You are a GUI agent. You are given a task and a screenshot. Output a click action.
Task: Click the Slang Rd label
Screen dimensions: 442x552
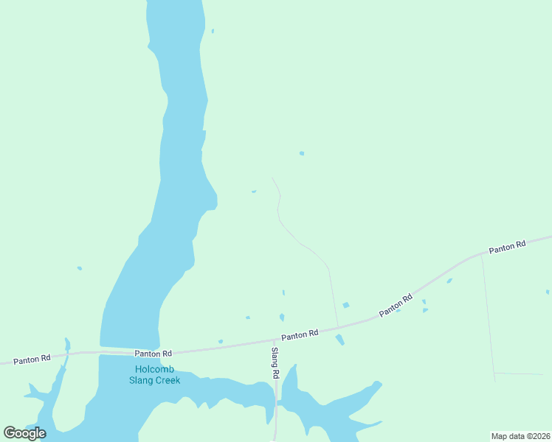click(275, 363)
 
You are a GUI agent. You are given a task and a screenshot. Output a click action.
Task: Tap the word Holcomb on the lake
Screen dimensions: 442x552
click(153, 369)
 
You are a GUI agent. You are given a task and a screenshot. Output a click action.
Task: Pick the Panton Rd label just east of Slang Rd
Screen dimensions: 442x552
click(299, 334)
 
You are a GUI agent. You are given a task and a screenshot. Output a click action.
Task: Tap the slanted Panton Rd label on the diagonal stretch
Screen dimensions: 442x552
click(396, 306)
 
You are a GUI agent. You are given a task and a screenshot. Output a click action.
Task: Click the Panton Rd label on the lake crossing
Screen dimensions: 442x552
click(153, 354)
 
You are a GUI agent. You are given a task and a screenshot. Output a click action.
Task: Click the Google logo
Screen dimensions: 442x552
click(24, 433)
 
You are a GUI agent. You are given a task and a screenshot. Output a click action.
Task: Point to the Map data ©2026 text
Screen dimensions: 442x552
click(520, 435)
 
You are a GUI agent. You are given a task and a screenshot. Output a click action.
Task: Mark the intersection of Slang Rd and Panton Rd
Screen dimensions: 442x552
click(275, 341)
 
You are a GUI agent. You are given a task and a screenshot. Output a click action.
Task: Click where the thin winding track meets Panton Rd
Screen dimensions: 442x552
click(338, 328)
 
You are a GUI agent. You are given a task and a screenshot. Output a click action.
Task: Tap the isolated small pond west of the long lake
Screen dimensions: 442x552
click(80, 268)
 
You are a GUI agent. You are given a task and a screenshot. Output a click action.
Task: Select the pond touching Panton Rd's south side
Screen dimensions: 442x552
click(339, 340)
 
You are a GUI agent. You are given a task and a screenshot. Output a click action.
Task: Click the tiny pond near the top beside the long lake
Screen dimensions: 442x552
click(213, 31)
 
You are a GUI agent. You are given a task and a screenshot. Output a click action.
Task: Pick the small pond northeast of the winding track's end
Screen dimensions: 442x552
click(302, 153)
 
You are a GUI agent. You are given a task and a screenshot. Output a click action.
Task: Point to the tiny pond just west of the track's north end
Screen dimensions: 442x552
click(254, 192)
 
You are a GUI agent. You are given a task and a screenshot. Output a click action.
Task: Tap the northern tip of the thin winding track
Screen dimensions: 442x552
click(272, 178)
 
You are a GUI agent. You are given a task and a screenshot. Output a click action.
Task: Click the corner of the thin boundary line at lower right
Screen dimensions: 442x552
click(494, 373)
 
